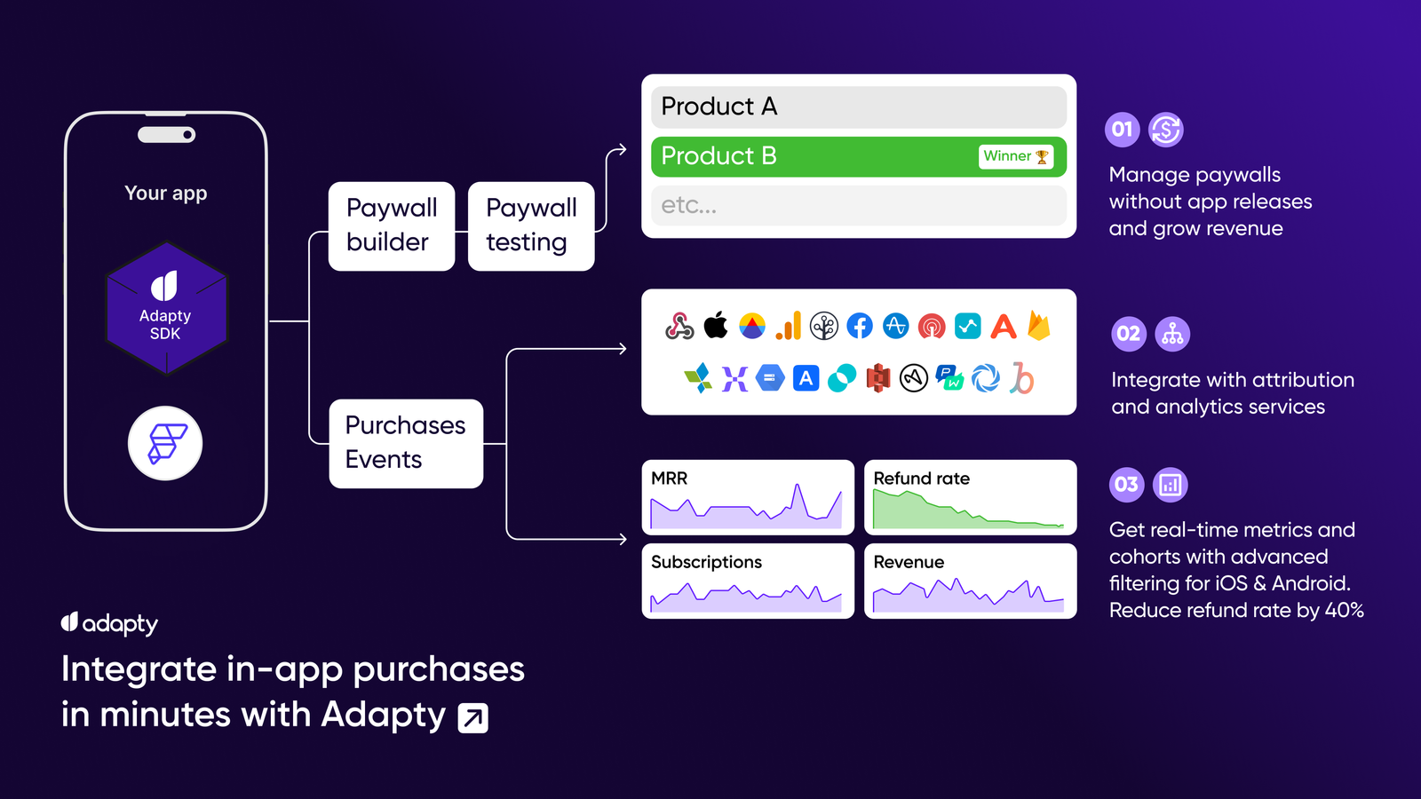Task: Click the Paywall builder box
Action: (x=392, y=226)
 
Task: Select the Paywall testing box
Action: (x=531, y=226)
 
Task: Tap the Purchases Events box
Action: (x=406, y=443)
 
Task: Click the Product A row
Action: (x=858, y=107)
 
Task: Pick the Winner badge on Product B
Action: (x=1016, y=156)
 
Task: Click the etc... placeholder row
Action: (x=858, y=205)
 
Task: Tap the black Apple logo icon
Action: (x=716, y=325)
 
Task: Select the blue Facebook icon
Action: (x=860, y=326)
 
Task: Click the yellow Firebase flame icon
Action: (x=1039, y=325)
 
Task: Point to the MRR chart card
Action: (x=748, y=497)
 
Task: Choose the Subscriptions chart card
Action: (x=748, y=581)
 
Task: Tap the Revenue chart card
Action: (x=970, y=581)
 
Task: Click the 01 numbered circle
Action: (x=1123, y=130)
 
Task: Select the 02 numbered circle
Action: (x=1129, y=334)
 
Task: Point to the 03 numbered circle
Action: (x=1127, y=485)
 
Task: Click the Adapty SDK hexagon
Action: (x=166, y=309)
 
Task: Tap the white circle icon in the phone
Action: (x=165, y=443)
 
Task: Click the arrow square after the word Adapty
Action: (x=473, y=718)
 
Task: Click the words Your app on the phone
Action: (x=165, y=194)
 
